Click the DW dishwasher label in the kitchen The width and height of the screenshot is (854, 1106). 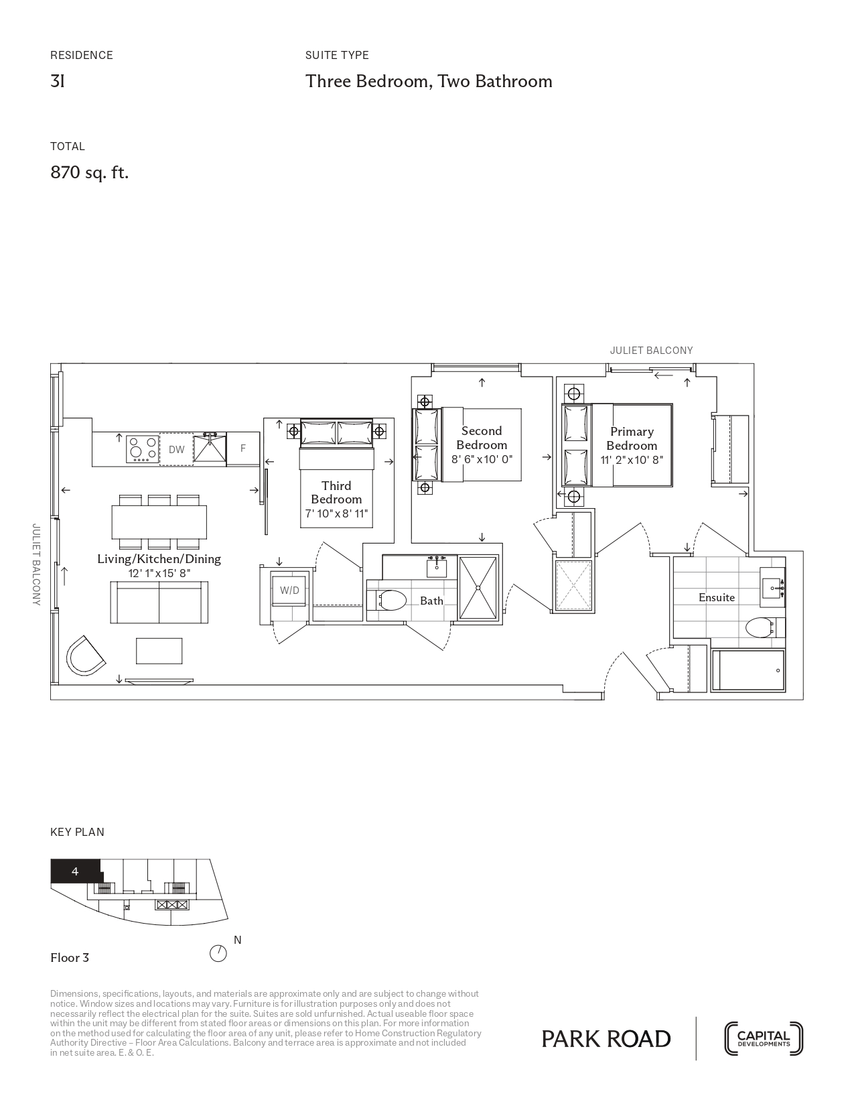click(177, 449)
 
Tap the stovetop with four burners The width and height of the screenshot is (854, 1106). click(143, 448)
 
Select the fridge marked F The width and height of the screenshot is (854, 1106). click(243, 448)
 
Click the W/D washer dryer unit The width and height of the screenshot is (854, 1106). click(289, 591)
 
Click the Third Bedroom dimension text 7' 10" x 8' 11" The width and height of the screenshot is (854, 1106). click(336, 513)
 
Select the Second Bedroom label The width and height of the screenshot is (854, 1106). click(482, 438)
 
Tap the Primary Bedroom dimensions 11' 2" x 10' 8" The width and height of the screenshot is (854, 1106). click(632, 460)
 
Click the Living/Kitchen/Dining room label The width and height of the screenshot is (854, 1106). click(159, 559)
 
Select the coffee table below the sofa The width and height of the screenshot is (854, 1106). click(159, 651)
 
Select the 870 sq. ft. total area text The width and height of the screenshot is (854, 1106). click(90, 173)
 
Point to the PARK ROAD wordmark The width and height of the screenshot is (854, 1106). click(606, 1040)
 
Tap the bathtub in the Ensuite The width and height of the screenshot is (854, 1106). click(748, 670)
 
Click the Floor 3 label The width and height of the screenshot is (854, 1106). click(70, 958)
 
